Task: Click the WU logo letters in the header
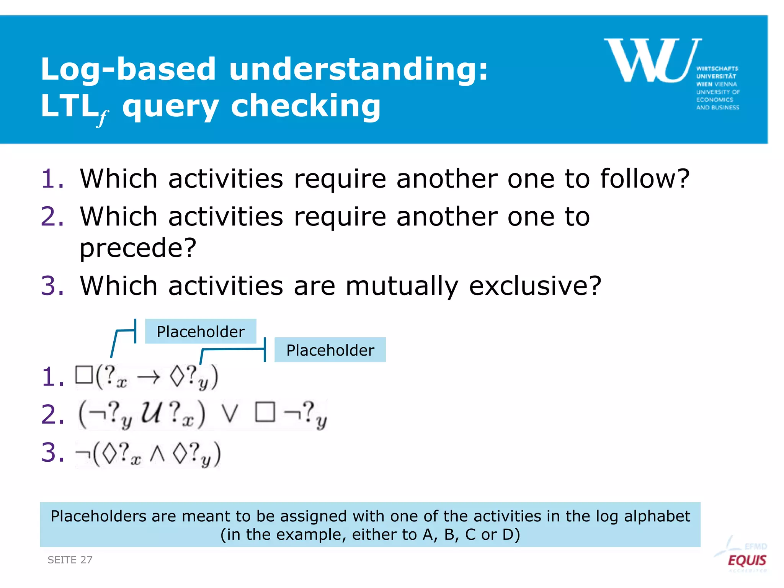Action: click(x=653, y=60)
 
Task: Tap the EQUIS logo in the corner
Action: click(x=746, y=560)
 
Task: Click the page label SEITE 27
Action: click(x=70, y=560)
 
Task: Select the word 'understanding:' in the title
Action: click(x=358, y=69)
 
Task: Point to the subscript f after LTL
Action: click(x=102, y=118)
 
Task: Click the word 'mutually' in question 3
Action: click(x=402, y=286)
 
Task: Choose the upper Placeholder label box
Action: click(x=201, y=332)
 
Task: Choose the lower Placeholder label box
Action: click(x=330, y=350)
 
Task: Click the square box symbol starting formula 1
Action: click(x=84, y=375)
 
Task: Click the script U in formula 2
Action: click(x=150, y=413)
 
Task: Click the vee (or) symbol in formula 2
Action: click(x=230, y=414)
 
